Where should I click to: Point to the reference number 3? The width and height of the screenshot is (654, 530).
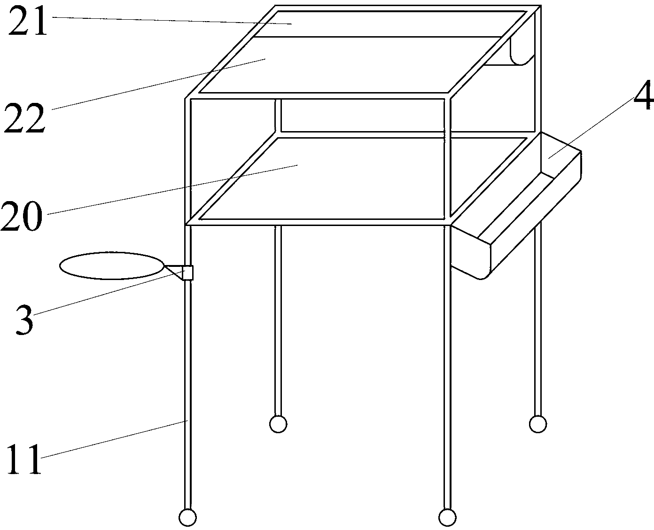pos(24,320)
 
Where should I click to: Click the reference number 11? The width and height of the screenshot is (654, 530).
pos(24,459)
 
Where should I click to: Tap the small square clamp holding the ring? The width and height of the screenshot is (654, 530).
pos(188,273)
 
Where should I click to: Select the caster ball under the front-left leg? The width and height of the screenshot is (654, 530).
pos(187,517)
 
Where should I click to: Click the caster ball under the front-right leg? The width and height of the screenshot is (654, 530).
pos(447,517)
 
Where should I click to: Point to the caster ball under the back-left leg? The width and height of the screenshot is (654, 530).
pos(278,424)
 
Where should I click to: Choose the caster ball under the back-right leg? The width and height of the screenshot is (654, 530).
pos(538,424)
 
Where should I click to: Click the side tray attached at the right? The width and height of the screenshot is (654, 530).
pos(516,206)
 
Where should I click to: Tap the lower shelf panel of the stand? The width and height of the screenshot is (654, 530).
pos(362,179)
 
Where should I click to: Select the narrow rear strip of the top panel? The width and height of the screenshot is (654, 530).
pos(390,24)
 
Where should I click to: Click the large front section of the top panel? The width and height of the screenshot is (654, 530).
pos(350,65)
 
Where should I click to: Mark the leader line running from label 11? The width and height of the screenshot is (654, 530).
pos(114,439)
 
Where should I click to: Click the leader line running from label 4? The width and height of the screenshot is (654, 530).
pos(592,128)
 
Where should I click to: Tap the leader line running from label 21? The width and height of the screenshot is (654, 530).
pos(172,21)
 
